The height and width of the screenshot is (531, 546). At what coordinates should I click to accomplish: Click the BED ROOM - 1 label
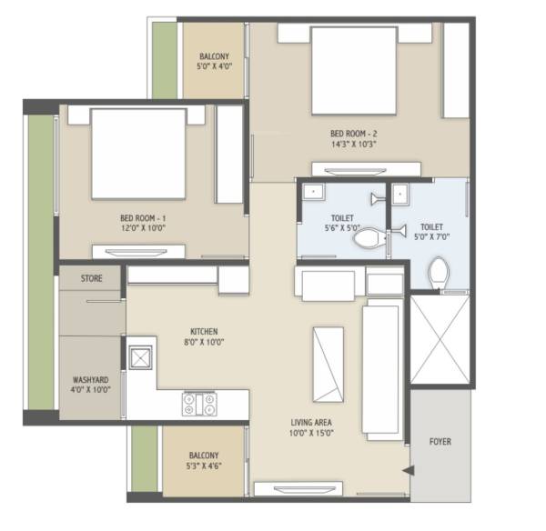[143, 218]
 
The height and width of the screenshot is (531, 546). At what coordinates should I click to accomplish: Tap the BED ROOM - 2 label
[354, 132]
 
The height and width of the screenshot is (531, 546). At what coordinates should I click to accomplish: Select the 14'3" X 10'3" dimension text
[354, 144]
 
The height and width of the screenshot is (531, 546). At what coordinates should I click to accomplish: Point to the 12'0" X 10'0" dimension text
[143, 230]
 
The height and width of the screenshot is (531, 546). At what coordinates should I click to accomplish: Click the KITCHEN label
[202, 331]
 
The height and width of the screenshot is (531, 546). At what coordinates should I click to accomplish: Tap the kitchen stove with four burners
[200, 400]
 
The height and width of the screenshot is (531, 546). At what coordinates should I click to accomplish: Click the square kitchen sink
[142, 358]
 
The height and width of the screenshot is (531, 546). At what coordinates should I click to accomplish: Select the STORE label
[91, 278]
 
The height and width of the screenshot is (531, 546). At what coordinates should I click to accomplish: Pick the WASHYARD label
[91, 381]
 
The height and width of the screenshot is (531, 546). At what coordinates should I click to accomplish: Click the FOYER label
[440, 442]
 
